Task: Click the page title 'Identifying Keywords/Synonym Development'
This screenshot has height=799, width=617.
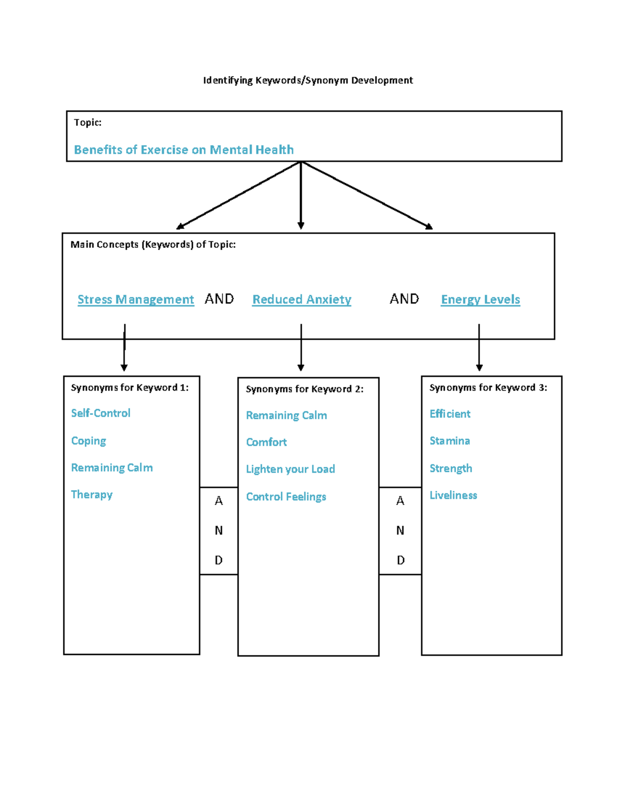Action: point(307,80)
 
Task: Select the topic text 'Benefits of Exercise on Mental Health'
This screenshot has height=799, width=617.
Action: point(184,150)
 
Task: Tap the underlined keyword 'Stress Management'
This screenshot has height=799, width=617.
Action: point(136,299)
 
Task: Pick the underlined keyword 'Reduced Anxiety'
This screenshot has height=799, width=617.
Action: point(302,299)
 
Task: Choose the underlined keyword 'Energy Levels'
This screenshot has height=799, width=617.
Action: point(480,299)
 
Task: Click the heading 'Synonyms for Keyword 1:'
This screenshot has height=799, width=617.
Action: point(130,387)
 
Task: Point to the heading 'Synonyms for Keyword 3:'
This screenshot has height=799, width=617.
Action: point(488,387)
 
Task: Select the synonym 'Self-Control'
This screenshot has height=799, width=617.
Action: point(101,413)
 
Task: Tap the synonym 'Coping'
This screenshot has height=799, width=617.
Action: point(88,441)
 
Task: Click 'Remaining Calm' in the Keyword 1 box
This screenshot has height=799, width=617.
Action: point(112,468)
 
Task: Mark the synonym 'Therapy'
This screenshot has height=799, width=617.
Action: point(92,494)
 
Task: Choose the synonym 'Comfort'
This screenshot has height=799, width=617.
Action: point(266,442)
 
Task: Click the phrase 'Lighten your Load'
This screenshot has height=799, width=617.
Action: point(291,469)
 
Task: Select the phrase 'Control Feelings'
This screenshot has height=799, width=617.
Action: point(286,496)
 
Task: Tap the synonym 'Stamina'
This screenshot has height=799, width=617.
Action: point(449,441)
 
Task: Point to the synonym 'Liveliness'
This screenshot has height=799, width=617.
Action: point(453,495)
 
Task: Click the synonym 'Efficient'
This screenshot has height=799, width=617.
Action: point(450,414)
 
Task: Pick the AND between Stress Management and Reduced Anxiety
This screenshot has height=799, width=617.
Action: point(219,299)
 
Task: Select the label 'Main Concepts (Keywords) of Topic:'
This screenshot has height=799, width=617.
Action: point(153,244)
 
